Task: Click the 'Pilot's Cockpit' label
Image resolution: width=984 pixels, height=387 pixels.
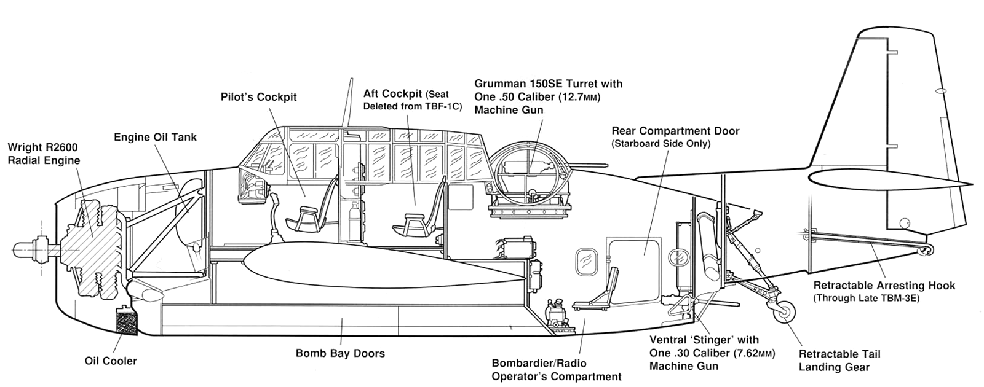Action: pos(258,97)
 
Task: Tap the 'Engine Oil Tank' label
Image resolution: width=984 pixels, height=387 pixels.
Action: pos(156,137)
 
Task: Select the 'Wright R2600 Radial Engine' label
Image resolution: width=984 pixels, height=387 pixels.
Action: pos(43,154)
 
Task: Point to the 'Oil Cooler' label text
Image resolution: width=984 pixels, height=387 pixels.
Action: pos(111,361)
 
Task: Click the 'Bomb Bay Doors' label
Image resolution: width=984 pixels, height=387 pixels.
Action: pos(340,353)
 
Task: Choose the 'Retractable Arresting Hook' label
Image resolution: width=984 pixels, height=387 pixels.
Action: pos(884,286)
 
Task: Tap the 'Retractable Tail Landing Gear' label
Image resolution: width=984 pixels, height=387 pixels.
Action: pos(839,361)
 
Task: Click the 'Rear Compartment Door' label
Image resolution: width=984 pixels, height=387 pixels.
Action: pos(675,131)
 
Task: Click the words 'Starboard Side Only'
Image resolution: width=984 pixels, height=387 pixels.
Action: pos(661,144)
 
